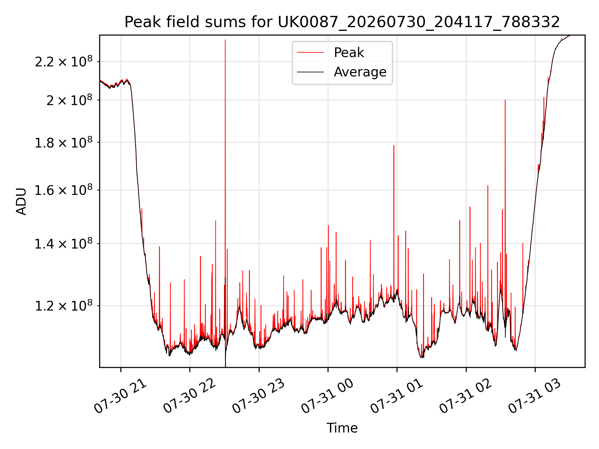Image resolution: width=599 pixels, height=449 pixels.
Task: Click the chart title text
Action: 342,22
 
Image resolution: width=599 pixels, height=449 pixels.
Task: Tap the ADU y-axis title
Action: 21,201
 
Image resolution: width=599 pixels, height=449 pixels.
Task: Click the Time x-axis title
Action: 342,428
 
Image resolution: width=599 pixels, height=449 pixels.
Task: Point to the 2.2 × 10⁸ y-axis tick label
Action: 64,61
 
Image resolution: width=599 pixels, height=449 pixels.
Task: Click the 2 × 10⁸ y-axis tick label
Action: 70,100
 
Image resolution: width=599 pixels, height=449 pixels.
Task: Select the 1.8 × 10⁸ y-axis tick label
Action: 64,142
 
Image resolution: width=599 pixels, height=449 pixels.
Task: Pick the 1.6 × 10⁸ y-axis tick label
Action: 64,190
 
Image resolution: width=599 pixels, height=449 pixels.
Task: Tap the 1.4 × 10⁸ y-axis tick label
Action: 64,244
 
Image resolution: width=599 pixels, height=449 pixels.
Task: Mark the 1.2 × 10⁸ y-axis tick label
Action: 64,306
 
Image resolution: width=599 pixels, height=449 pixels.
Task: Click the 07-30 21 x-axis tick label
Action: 120,396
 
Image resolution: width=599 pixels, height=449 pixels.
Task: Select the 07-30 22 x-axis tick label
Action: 190,396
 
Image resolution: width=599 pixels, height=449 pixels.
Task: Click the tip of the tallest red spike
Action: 225,40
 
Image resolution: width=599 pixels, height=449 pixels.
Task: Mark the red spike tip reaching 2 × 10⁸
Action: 505,100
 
